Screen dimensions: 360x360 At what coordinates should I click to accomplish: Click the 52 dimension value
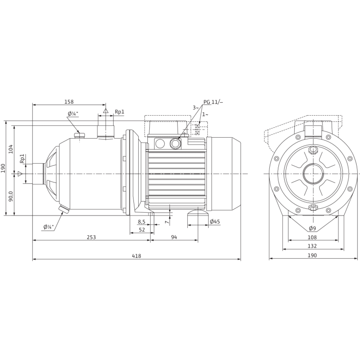pos(142,229)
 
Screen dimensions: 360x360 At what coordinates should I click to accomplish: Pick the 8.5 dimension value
pos(141,222)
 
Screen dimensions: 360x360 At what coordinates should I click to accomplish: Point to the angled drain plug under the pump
pos(62,210)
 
